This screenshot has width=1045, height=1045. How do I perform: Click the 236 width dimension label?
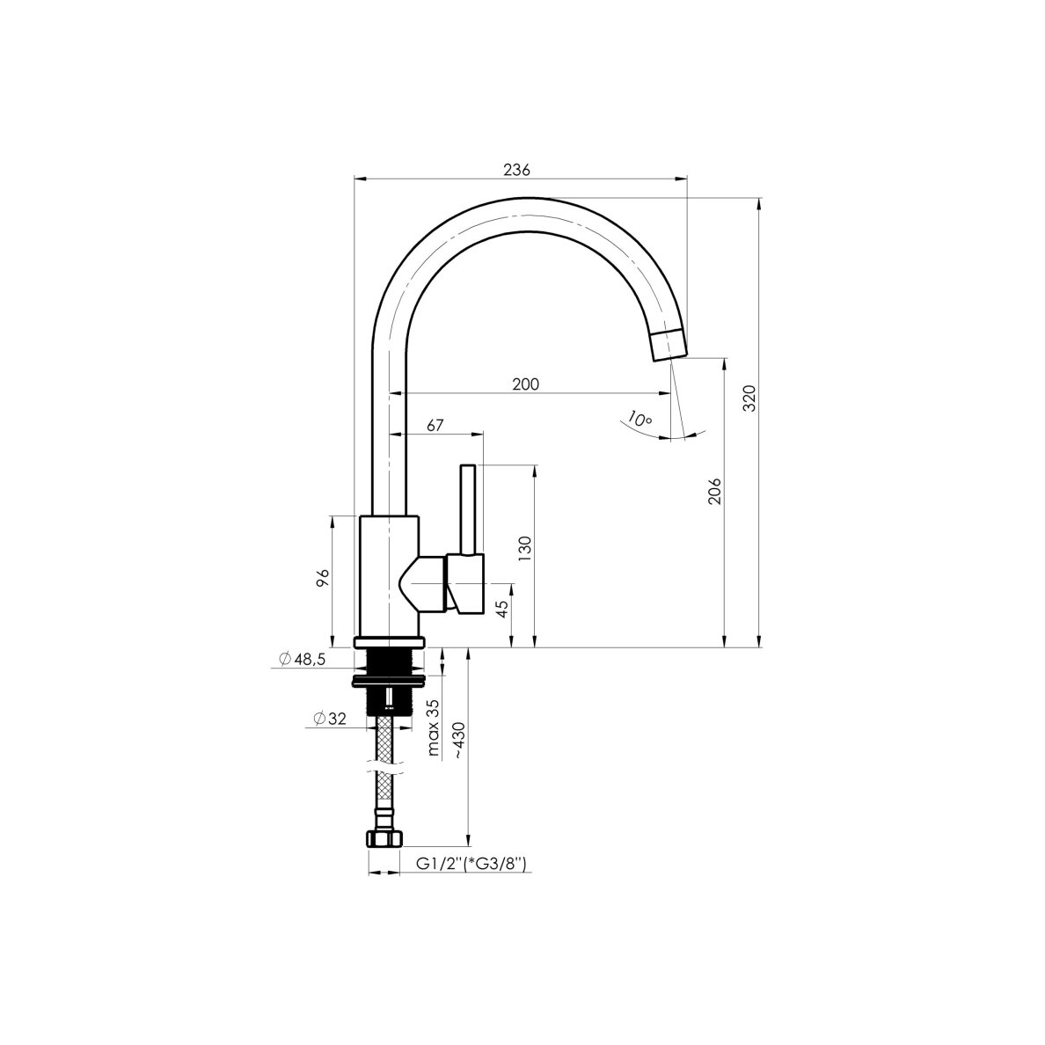[516, 170]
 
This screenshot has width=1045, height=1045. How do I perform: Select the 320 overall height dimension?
[749, 398]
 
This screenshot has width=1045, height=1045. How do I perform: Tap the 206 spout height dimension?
[714, 491]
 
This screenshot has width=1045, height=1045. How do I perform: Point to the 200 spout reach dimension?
[525, 384]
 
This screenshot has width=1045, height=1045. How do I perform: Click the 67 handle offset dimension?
[435, 425]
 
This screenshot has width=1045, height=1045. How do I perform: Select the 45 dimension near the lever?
[502, 608]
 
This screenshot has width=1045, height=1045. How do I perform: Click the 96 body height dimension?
[322, 578]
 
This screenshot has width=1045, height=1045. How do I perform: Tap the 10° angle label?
[639, 420]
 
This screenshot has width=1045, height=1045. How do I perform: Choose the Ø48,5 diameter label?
[302, 659]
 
